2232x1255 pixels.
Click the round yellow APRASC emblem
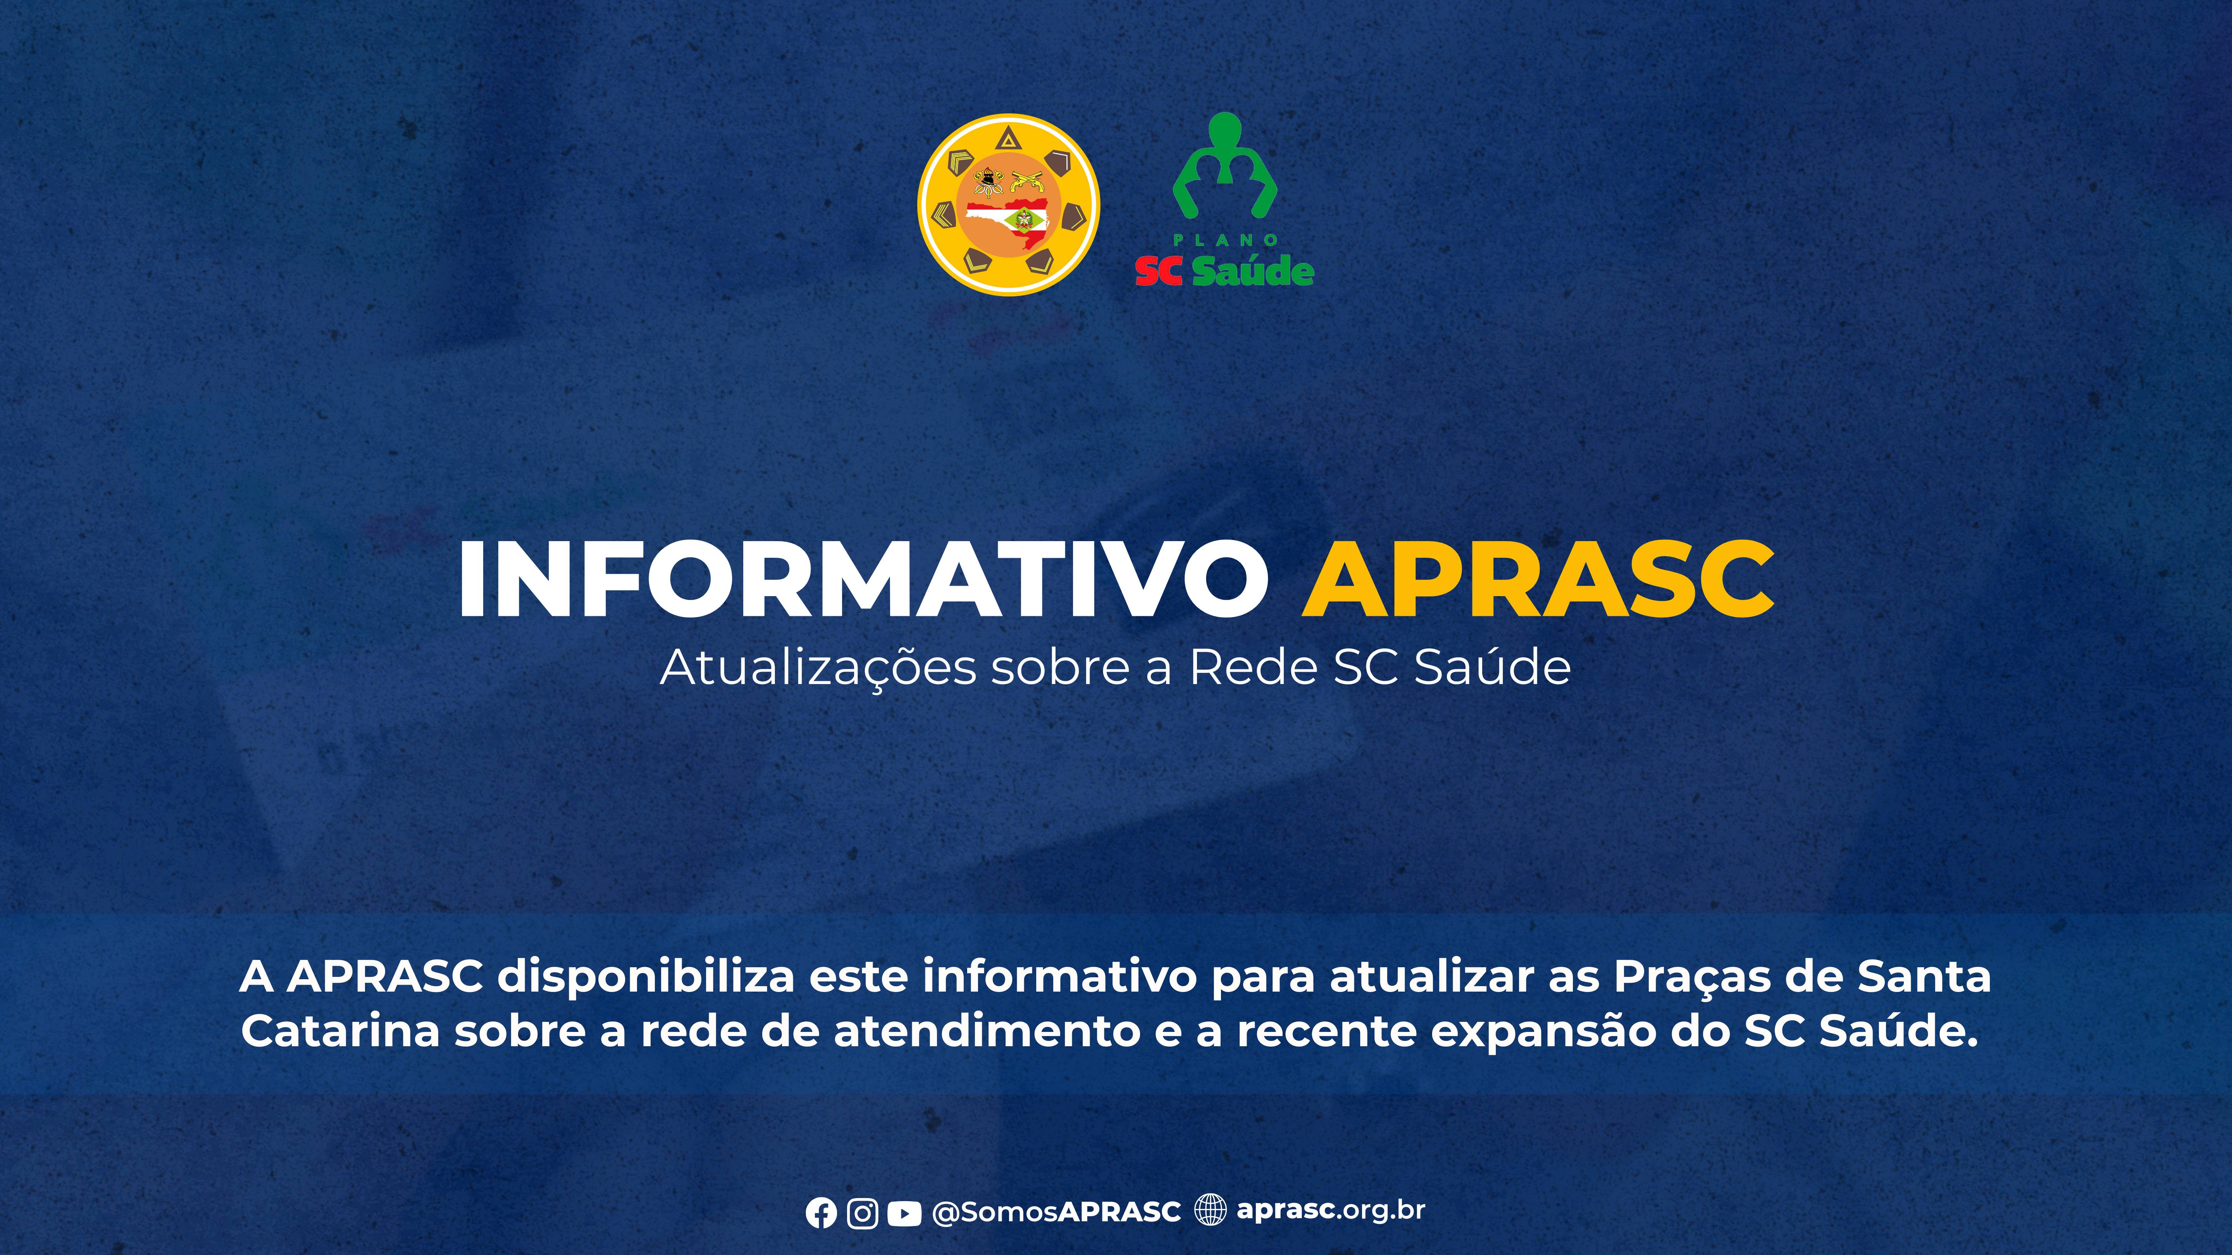coord(1009,205)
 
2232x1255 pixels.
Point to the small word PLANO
coord(1225,240)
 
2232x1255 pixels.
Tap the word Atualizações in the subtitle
coord(818,668)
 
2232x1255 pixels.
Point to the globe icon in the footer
coord(1211,1209)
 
